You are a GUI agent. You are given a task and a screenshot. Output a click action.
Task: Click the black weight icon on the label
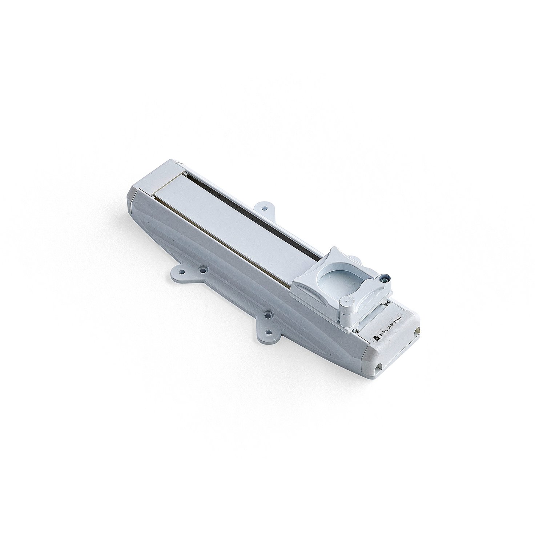(377, 338)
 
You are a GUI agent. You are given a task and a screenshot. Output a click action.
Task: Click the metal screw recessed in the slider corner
(384, 279)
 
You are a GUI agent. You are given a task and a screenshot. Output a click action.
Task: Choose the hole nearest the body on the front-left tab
(202, 270)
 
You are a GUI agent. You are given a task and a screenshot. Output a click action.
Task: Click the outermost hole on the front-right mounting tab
(269, 332)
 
